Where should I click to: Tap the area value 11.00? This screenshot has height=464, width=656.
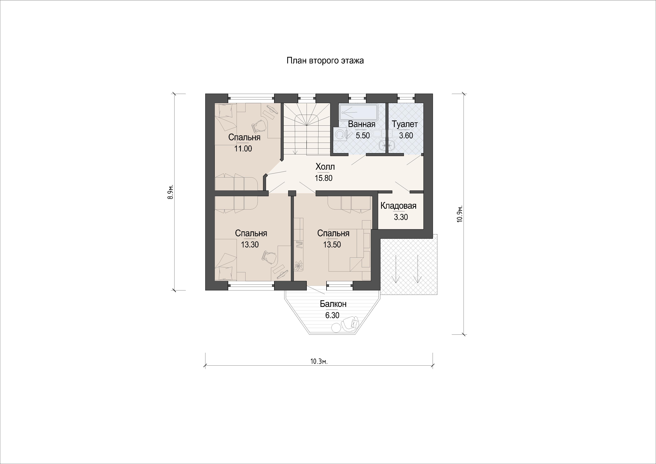click(243, 149)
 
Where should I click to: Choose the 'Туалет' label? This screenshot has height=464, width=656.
click(405, 124)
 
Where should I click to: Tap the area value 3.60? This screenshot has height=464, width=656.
click(406, 136)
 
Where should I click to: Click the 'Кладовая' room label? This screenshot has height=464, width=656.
click(399, 206)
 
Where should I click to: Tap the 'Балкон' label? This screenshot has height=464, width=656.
click(333, 304)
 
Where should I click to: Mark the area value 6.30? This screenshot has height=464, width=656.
click(332, 315)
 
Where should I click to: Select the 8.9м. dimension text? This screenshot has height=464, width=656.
click(171, 192)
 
